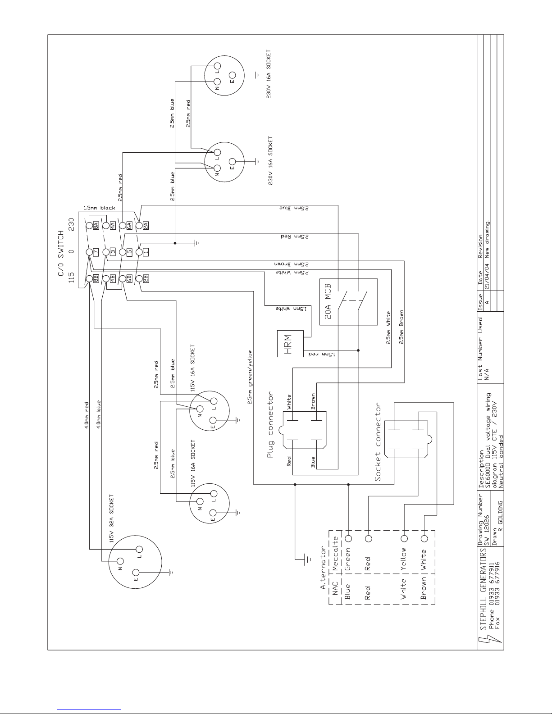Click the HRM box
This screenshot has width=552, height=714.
click(x=290, y=344)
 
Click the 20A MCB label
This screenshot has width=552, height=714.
click(x=328, y=302)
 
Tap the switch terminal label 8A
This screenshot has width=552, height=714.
click(x=96, y=226)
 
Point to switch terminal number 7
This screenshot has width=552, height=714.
click(x=96, y=252)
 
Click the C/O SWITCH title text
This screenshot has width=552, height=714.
click(x=61, y=253)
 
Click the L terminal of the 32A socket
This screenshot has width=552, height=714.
click(x=139, y=550)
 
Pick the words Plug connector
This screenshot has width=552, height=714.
click(x=270, y=424)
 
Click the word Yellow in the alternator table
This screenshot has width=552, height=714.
click(x=403, y=559)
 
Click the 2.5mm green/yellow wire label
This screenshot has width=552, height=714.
click(x=250, y=377)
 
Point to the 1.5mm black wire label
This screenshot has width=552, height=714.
click(x=99, y=208)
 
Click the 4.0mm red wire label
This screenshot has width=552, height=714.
click(x=87, y=415)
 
